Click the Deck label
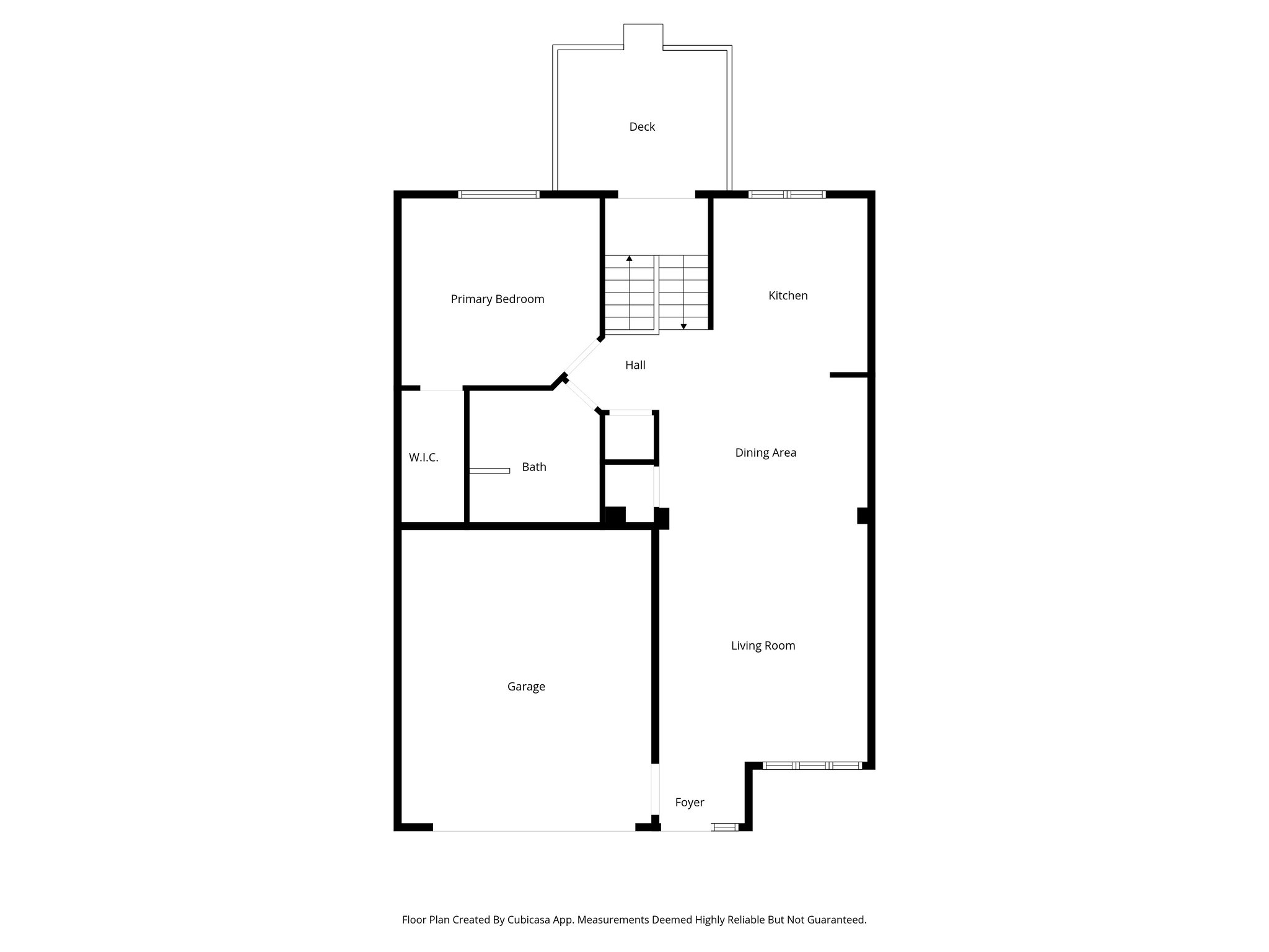642,127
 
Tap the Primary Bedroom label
497,299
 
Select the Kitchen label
788,296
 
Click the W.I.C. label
423,458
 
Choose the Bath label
534,467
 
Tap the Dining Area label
765,453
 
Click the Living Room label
763,646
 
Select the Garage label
526,687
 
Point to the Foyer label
689,803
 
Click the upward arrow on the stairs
630,258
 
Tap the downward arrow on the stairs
683,326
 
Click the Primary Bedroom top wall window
499,195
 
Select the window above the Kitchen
787,195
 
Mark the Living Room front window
812,766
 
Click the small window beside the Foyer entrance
724,827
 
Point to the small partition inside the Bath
490,471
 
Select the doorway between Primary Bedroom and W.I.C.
441,390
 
